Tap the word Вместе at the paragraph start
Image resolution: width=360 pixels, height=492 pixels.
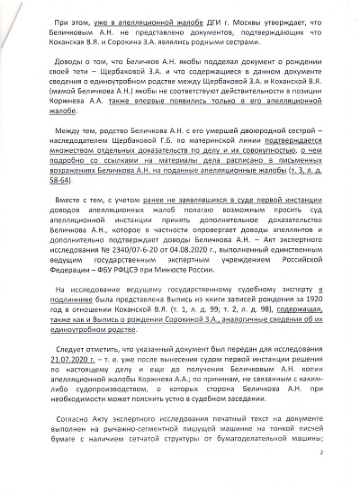(73, 217)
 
